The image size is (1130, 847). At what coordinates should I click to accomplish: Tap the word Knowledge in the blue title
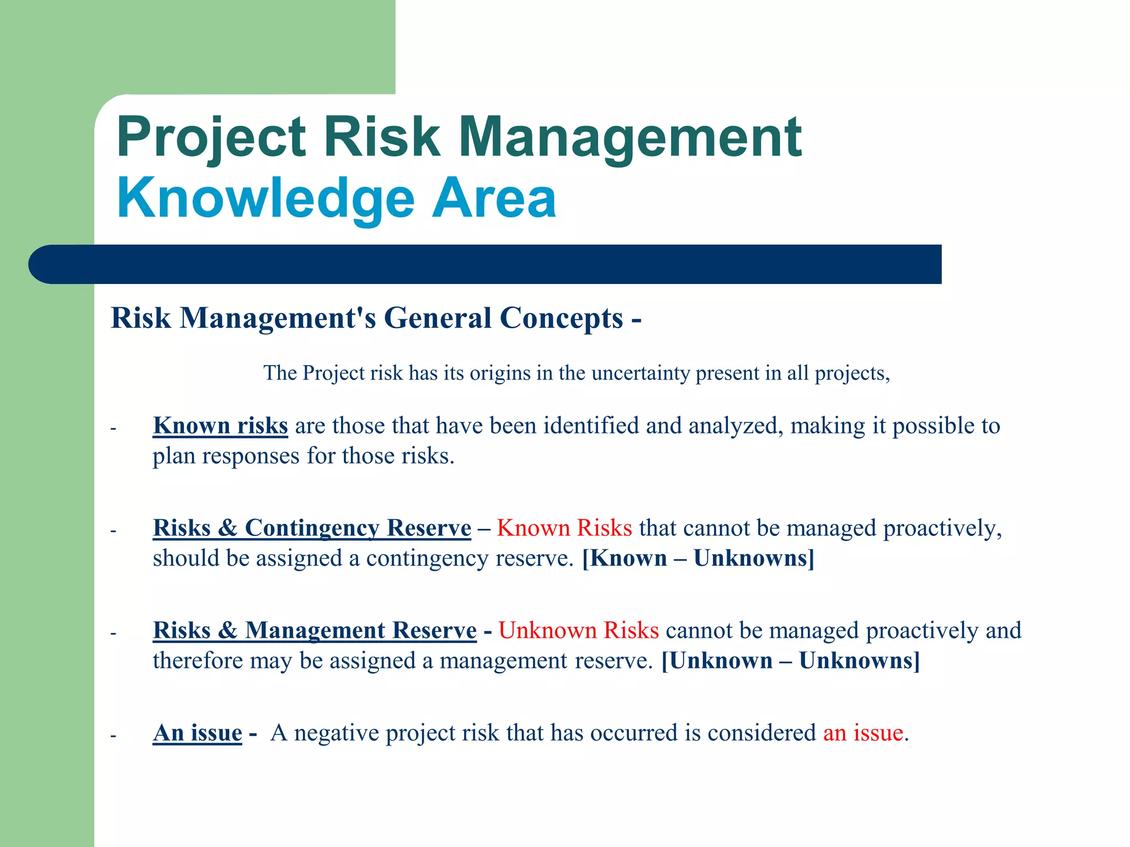[265, 199]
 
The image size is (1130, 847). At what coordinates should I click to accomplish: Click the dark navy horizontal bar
[486, 264]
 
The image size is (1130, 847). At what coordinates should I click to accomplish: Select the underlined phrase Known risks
[220, 426]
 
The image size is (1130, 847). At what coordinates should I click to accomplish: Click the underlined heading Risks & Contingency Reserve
[312, 528]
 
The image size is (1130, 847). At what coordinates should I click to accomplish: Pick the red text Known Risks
[564, 528]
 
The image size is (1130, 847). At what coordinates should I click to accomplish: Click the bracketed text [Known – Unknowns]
[698, 558]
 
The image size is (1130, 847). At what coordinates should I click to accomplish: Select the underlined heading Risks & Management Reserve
[315, 630]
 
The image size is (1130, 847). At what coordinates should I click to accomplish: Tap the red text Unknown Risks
[578, 630]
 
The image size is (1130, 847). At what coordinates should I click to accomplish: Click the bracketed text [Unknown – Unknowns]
[790, 661]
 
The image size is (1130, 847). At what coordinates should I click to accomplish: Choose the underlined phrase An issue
[198, 733]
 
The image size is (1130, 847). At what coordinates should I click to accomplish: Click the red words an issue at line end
[863, 733]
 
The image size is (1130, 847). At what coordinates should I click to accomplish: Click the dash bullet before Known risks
[113, 428]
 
